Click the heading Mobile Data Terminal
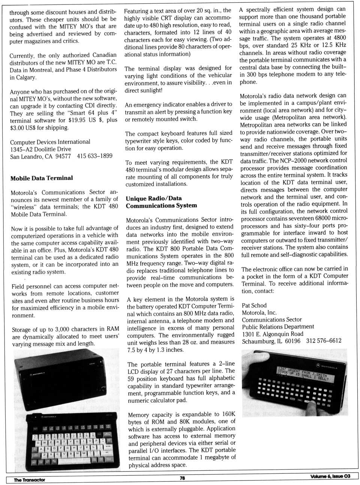(42, 178)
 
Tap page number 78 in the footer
(182, 478)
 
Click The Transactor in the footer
(29, 480)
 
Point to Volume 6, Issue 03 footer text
(330, 476)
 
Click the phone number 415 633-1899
(94, 156)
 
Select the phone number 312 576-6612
(324, 341)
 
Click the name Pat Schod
(254, 305)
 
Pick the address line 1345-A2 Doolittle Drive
(40, 149)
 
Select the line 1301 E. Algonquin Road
(273, 334)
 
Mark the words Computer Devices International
(50, 142)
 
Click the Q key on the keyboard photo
(38, 443)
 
